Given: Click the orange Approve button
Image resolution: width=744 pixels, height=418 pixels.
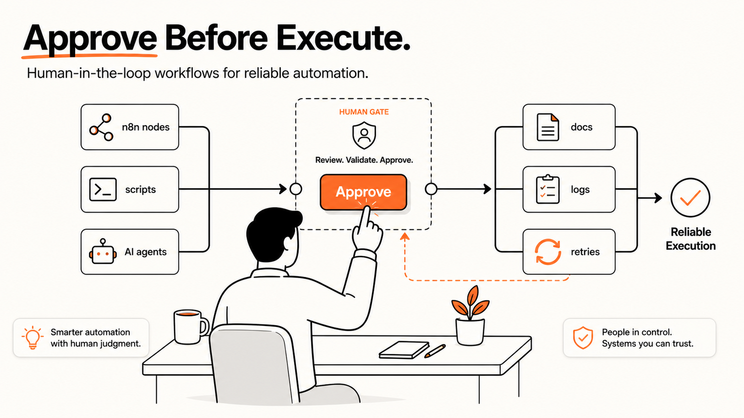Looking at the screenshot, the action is (363, 192).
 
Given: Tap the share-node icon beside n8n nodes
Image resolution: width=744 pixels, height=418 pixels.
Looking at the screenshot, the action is (101, 127).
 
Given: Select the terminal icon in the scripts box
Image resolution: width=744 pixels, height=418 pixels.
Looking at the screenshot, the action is (103, 190).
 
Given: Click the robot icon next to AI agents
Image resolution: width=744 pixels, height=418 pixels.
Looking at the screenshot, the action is (103, 252).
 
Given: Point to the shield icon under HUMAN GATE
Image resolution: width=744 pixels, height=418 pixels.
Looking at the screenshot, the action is (364, 135).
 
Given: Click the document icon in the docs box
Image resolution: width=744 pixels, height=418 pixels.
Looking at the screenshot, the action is (548, 127).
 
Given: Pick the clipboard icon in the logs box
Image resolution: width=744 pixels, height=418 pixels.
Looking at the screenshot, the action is (548, 189).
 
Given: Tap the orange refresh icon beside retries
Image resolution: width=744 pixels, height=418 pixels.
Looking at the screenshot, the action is (548, 252).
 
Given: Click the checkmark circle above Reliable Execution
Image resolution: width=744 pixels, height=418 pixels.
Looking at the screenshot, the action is (690, 198).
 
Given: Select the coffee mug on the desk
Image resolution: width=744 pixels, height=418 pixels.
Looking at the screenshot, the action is (190, 327).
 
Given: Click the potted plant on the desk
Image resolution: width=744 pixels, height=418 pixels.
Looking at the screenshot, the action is (470, 317).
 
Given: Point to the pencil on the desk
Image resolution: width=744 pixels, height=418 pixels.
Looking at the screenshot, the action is (435, 351).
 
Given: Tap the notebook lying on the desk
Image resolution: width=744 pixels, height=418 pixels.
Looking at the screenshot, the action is (404, 350).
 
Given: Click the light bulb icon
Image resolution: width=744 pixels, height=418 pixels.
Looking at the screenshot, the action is (32, 337).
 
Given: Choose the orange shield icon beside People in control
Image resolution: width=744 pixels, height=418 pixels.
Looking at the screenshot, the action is (583, 338).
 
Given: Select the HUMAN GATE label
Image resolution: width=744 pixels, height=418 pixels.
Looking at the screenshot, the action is (364, 112).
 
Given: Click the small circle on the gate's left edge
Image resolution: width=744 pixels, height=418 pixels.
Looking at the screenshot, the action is (295, 189).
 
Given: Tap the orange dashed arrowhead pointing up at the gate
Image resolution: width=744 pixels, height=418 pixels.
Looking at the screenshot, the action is (404, 237).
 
